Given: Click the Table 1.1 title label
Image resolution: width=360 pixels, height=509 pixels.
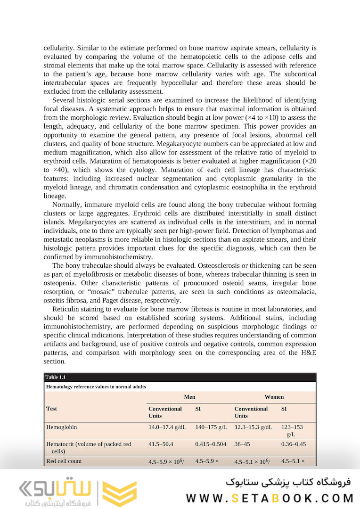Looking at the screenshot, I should pyautogui.click(x=56, y=377).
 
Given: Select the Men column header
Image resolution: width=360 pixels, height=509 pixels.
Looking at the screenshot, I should pyautogui.click(x=189, y=397).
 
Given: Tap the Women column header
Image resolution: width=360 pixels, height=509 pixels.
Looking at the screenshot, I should pyautogui.click(x=274, y=397).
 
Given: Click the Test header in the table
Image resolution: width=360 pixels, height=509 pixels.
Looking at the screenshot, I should pyautogui.click(x=51, y=409).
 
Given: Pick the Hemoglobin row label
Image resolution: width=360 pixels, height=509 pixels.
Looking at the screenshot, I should pyautogui.click(x=61, y=427).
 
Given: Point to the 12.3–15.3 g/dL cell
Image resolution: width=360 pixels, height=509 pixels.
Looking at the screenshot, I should pyautogui.click(x=254, y=427).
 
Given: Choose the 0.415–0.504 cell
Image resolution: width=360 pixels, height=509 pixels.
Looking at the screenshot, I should pyautogui.click(x=211, y=444).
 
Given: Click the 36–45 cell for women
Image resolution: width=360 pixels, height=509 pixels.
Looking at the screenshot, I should pyautogui.click(x=244, y=444).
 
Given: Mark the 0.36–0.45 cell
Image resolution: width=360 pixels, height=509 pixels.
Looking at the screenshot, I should pyautogui.click(x=293, y=444).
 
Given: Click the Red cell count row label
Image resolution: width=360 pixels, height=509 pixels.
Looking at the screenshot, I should pyautogui.click(x=64, y=461).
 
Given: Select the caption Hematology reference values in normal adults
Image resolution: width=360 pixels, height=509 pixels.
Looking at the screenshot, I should pyautogui.click(x=96, y=386).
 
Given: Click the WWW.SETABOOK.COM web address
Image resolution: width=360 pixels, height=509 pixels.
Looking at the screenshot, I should pyautogui.click(x=270, y=498).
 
